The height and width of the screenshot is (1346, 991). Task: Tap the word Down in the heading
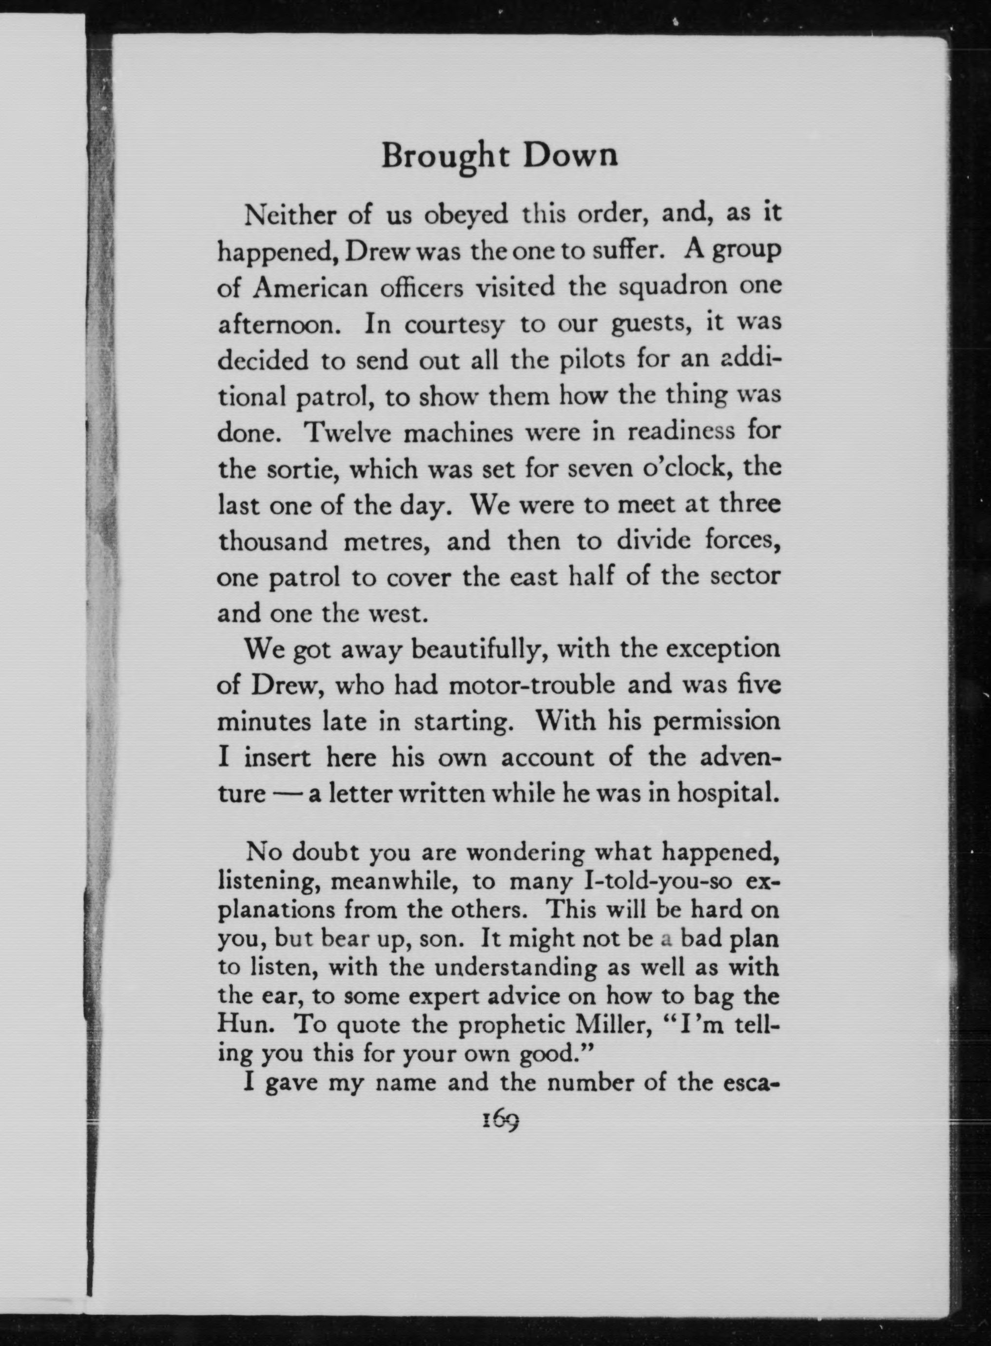(x=570, y=156)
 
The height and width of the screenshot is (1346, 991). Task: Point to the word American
(x=310, y=288)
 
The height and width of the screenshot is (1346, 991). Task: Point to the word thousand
(x=273, y=542)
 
